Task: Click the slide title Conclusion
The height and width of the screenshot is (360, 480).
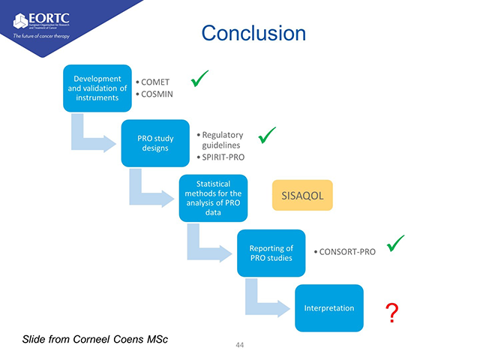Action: point(254,34)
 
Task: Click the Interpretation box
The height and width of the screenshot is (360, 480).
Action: point(328,307)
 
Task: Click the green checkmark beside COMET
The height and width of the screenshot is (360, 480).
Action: point(199,78)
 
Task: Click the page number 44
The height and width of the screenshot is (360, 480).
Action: point(240,345)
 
